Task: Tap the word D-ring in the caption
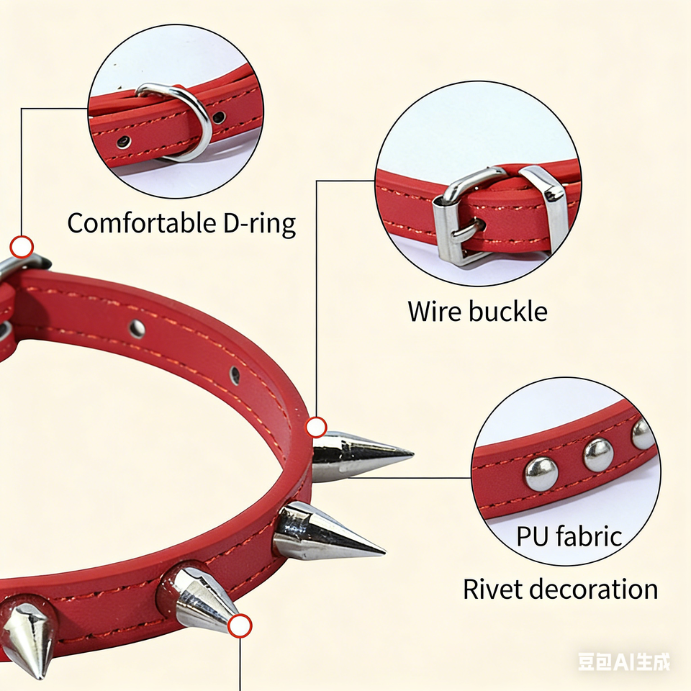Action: pyautogui.click(x=256, y=225)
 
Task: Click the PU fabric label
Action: pyautogui.click(x=569, y=536)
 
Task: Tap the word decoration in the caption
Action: pyautogui.click(x=594, y=589)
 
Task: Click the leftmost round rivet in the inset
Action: pyautogui.click(x=541, y=474)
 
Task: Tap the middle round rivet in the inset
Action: pyautogui.click(x=598, y=454)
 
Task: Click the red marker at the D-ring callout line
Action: pyautogui.click(x=22, y=248)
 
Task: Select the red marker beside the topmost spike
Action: pyautogui.click(x=317, y=428)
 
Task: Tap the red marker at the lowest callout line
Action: pyautogui.click(x=240, y=625)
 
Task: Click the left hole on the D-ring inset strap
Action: pyautogui.click(x=124, y=141)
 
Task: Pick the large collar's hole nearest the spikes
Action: pyautogui.click(x=235, y=375)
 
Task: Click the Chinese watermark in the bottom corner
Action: pyautogui.click(x=623, y=661)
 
